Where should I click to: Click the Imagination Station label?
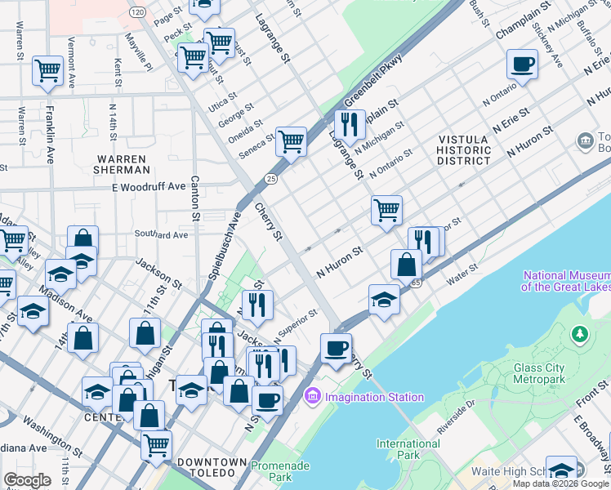(x=373, y=398)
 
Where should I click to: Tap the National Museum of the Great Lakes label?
(x=564, y=282)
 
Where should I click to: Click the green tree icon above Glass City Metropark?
(x=579, y=334)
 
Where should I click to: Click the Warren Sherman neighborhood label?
(x=123, y=164)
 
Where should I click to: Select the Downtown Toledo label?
(x=212, y=462)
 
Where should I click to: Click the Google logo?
(x=27, y=480)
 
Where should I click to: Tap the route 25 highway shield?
(x=271, y=178)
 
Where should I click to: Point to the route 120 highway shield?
(x=137, y=11)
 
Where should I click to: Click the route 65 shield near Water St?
(x=415, y=283)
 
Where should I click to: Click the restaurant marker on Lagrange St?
(x=350, y=124)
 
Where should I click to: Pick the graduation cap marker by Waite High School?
(x=561, y=470)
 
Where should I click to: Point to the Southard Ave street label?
(x=162, y=235)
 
